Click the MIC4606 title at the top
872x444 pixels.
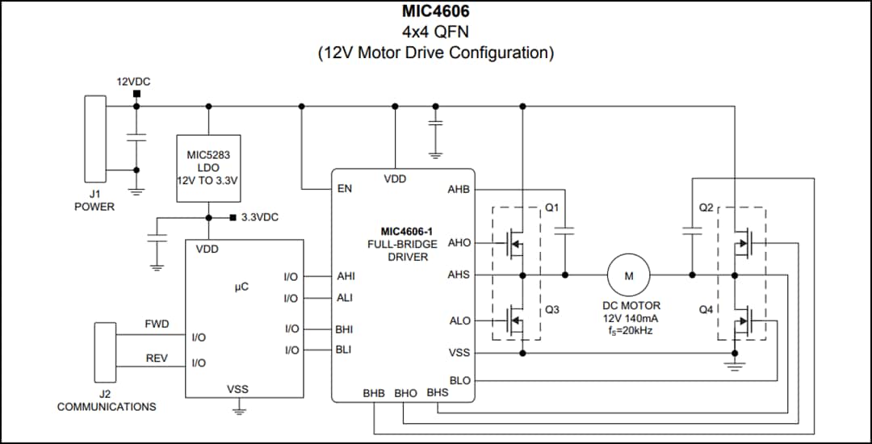pyautogui.click(x=435, y=12)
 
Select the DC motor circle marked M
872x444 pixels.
pyautogui.click(x=629, y=275)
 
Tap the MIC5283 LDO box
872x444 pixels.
pyautogui.click(x=208, y=168)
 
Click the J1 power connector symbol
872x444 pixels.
pyautogui.click(x=95, y=139)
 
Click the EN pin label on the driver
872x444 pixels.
pyautogui.click(x=345, y=190)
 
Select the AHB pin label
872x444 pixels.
pyautogui.click(x=458, y=190)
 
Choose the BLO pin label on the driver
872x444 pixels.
pyautogui.click(x=459, y=380)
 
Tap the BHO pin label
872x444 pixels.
pyautogui.click(x=405, y=393)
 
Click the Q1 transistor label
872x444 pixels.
pyautogui.click(x=552, y=207)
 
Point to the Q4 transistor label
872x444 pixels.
pyautogui.click(x=706, y=309)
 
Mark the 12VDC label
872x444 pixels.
pyautogui.click(x=134, y=82)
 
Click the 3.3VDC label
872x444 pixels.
pyautogui.click(x=259, y=217)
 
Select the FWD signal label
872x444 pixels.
pyautogui.click(x=157, y=325)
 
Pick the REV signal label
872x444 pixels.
pyautogui.click(x=157, y=358)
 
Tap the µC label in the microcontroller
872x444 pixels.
pyautogui.click(x=241, y=287)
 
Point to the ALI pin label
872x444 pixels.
pyautogui.click(x=345, y=298)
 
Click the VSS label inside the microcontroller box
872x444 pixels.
pyautogui.click(x=237, y=389)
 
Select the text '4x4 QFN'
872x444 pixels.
pyautogui.click(x=435, y=32)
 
